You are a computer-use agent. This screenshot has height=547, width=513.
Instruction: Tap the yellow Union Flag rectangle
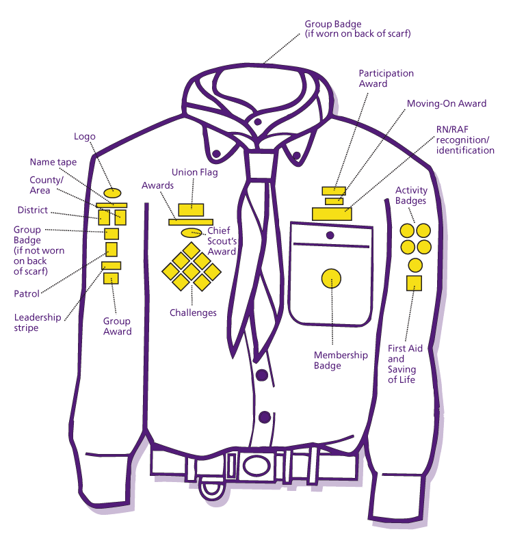[191, 209]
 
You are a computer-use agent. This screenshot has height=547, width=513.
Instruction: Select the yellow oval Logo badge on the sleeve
[112, 193]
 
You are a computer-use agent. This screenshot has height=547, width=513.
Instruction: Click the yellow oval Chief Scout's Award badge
[191, 232]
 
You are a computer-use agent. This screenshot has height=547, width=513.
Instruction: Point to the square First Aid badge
[414, 282]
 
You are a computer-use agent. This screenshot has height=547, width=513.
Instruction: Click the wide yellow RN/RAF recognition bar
[332, 213]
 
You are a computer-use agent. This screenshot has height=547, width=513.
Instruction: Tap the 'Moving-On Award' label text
[446, 104]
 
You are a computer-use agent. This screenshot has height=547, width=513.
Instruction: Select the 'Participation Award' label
[386, 79]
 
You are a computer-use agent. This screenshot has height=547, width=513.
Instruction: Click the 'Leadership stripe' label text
[38, 323]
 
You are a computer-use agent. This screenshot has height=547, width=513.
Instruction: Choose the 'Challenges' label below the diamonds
[193, 313]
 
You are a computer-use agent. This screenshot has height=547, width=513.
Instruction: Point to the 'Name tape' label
[53, 162]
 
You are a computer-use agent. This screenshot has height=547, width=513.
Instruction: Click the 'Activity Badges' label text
[410, 196]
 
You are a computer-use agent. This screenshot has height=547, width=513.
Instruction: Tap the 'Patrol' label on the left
[27, 294]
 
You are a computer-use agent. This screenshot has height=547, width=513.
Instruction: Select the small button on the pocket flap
[330, 235]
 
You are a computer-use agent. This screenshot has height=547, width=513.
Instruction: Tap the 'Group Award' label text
[117, 326]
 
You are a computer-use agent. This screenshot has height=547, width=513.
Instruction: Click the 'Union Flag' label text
[195, 173]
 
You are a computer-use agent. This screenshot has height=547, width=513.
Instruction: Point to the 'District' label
[34, 210]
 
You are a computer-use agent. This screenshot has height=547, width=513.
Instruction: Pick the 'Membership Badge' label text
[341, 360]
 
